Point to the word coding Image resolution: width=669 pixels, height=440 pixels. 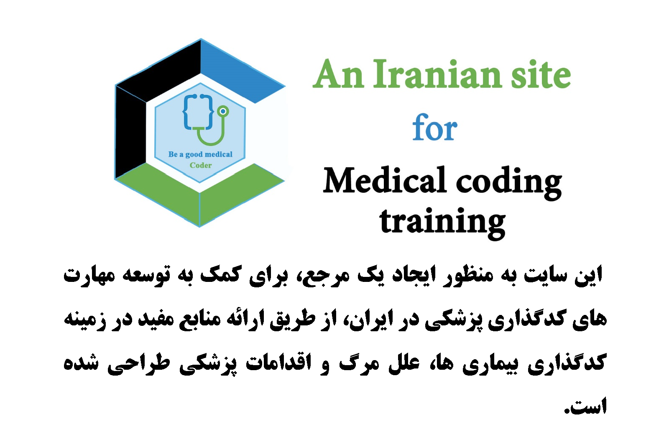coord(509,183)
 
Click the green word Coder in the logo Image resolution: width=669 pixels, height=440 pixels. coord(201,165)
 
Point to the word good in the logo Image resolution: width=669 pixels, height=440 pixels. coord(194,155)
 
